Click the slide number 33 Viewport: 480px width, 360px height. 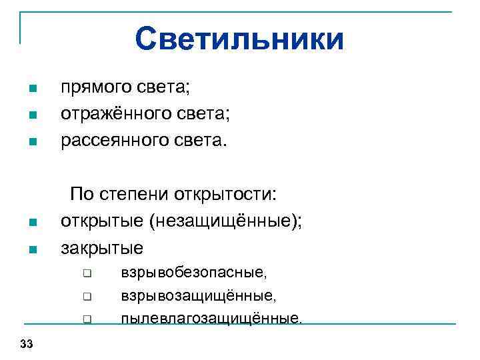pyautogui.click(x=27, y=344)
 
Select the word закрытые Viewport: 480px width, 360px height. pyautogui.click(x=102, y=249)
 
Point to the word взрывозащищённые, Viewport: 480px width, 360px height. pyautogui.click(x=199, y=295)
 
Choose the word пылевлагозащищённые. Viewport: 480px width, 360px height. pyautogui.click(x=211, y=318)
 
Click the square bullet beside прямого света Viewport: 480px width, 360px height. pyautogui.click(x=31, y=89)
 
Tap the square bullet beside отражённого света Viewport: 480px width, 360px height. pyautogui.click(x=31, y=115)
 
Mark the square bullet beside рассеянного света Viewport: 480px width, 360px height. pyautogui.click(x=31, y=141)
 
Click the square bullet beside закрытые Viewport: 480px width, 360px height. pyautogui.click(x=31, y=250)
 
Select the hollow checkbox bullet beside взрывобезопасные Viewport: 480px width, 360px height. pyautogui.click(x=87, y=273)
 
